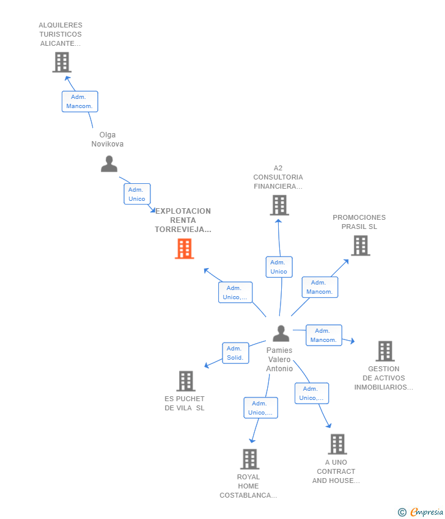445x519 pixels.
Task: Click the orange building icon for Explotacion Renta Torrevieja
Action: coord(185,249)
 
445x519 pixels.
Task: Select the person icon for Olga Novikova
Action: coord(109,164)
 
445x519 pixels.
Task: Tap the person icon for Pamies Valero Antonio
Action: coord(281,333)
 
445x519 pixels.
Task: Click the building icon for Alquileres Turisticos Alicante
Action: coord(62,62)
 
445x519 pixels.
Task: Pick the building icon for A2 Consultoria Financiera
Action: coord(279,205)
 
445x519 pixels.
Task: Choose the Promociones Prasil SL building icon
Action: coord(361,245)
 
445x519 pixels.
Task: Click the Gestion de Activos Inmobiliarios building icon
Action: coord(384,351)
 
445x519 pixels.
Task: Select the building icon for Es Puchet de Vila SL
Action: coord(186,381)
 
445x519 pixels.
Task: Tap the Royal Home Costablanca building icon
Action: coord(249,459)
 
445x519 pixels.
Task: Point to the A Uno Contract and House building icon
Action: coord(337,445)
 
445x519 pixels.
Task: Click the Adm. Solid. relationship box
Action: coord(235,353)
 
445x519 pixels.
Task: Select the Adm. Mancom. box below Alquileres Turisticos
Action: coord(79,101)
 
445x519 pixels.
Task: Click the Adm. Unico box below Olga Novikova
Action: coord(137,194)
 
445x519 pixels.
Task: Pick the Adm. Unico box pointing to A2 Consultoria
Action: coord(279,267)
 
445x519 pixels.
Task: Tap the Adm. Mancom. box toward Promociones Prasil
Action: coord(320,287)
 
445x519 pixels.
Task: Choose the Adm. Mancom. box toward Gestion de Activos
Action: coord(323,335)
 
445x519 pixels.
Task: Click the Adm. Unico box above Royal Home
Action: coord(260,408)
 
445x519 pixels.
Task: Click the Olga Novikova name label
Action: coord(108,139)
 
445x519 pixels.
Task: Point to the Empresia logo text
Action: coord(426,512)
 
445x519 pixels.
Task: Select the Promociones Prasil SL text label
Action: coord(359,222)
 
